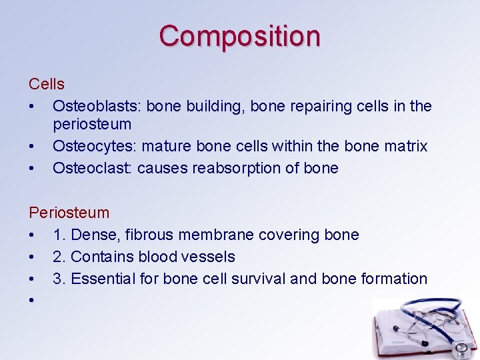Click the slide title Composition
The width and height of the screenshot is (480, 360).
[x=239, y=36]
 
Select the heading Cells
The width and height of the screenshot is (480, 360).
[x=47, y=84]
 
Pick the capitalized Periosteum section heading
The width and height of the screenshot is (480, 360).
[x=69, y=213]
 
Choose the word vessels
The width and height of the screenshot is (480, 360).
[x=211, y=257]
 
